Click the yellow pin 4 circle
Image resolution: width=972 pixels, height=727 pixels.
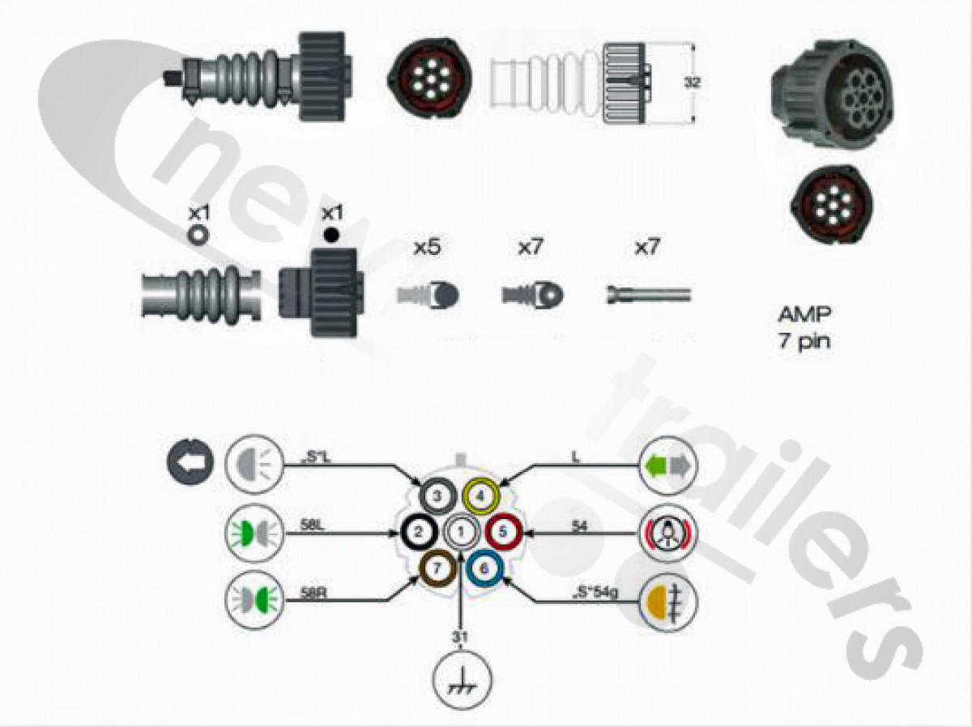point(483,494)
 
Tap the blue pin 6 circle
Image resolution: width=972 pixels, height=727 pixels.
point(484,568)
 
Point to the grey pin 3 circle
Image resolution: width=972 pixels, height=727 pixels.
point(437,494)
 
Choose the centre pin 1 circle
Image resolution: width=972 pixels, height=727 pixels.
point(460,531)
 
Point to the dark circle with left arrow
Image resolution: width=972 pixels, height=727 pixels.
point(190,462)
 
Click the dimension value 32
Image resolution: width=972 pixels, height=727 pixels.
point(690,83)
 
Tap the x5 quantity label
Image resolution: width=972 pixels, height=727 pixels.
point(426,248)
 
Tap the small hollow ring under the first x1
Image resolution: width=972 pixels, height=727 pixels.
point(198,234)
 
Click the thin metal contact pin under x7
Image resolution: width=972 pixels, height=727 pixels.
point(648,295)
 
